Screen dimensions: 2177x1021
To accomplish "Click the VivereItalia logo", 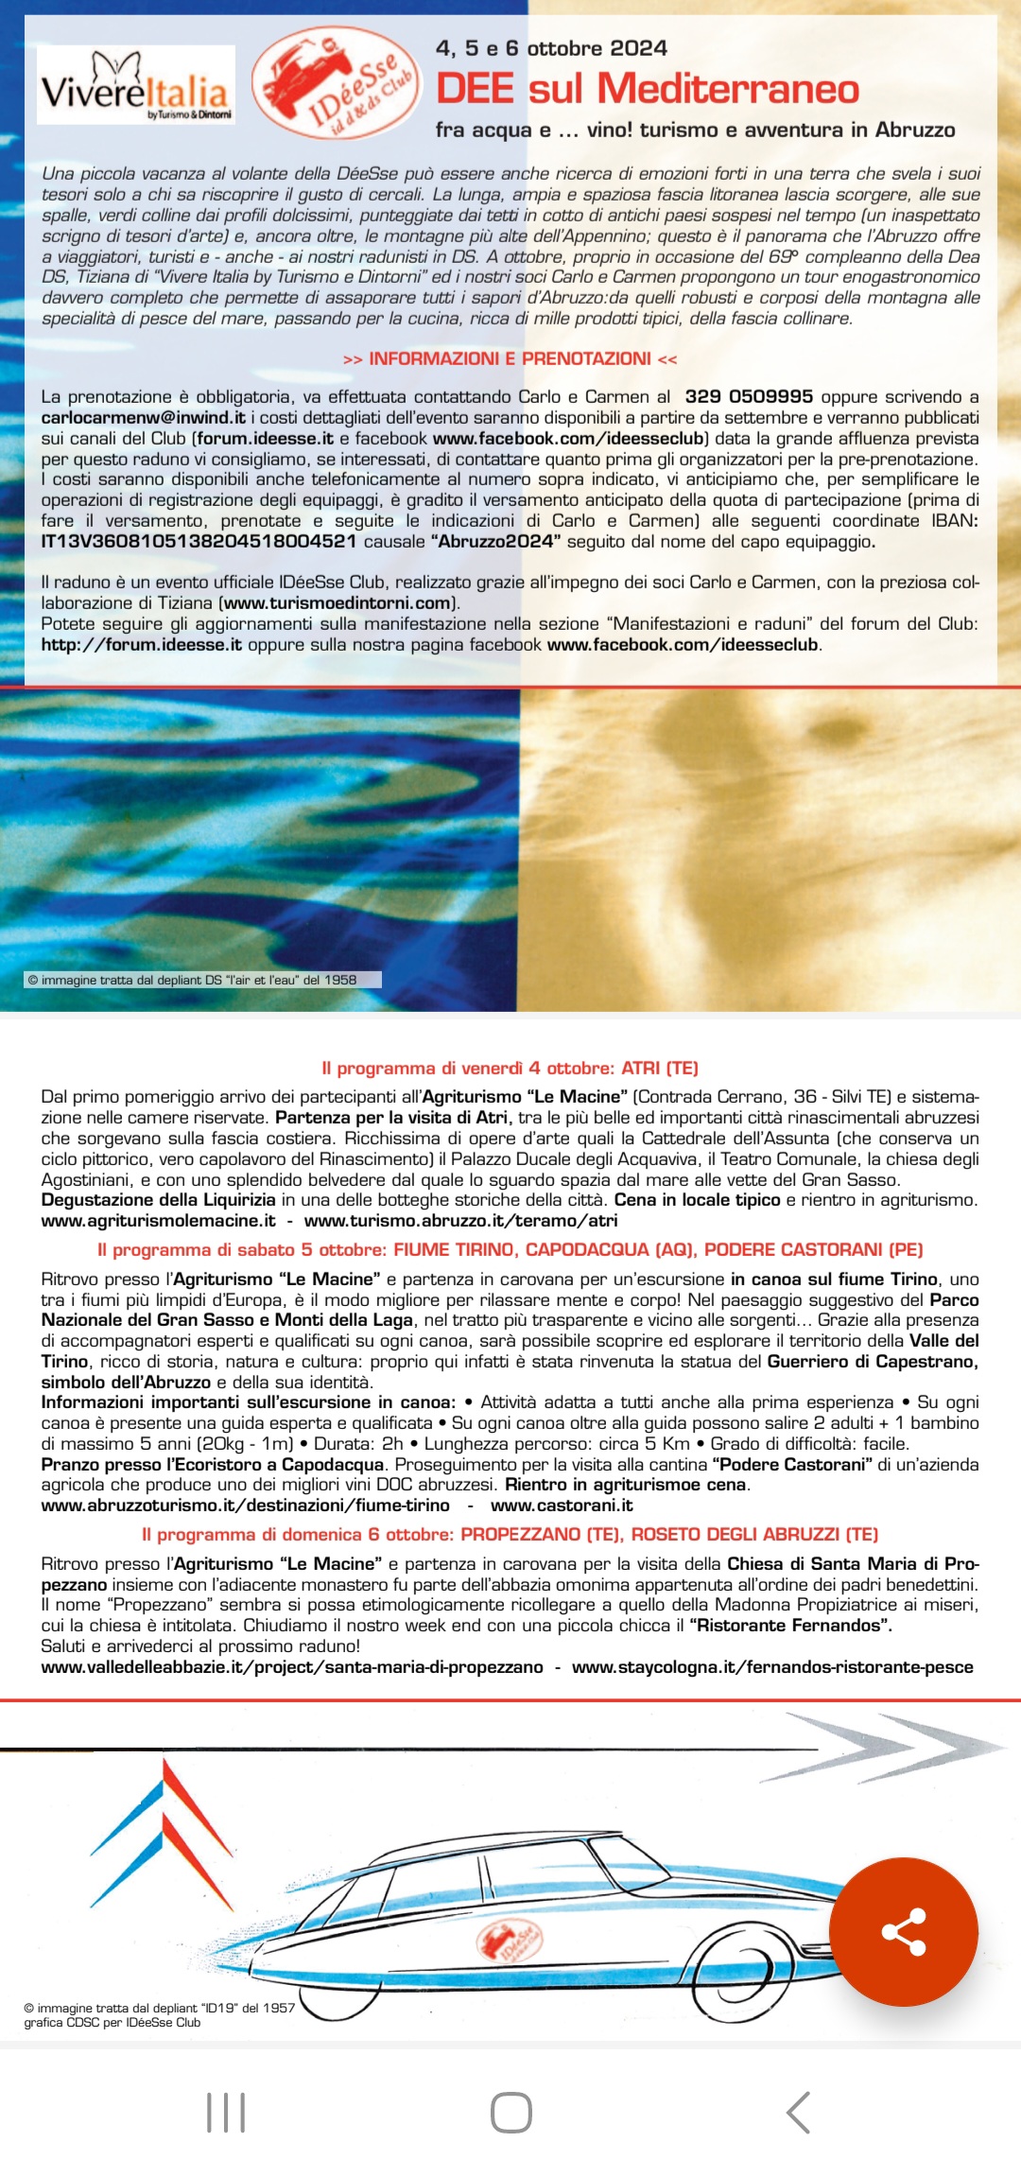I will tap(135, 86).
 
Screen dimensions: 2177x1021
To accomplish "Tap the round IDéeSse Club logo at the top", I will tap(337, 83).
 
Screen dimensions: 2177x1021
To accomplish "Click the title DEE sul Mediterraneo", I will tap(647, 89).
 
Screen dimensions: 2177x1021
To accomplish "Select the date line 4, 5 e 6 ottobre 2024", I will tap(551, 48).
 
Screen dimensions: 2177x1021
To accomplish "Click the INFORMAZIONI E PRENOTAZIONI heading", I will tap(510, 359).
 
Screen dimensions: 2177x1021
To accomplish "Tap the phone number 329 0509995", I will tap(749, 396).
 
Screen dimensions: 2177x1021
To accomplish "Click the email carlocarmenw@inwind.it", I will tap(143, 417).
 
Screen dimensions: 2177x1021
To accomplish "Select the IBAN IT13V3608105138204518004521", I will tap(199, 541).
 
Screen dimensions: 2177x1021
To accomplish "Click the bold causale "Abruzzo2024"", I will tap(495, 541).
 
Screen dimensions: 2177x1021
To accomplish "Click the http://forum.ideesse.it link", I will tap(142, 644).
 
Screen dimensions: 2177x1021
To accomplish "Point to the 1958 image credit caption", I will tap(193, 980).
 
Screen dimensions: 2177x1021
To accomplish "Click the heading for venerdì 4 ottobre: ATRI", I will tap(510, 1069).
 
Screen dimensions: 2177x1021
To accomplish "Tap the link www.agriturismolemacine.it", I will tap(158, 1221).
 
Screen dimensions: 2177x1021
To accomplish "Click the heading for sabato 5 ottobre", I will tap(510, 1250).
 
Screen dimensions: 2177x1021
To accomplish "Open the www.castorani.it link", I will tap(562, 1505).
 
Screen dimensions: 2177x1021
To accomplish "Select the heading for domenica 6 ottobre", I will tap(510, 1534).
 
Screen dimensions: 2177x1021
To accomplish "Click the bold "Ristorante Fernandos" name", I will tap(790, 1625).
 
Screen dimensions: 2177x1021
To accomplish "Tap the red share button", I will tap(903, 1931).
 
